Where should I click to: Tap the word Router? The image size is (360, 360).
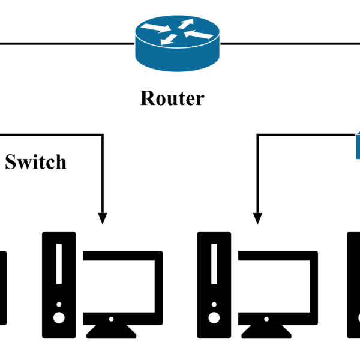pos(172,98)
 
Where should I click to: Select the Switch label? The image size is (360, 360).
pos(35,161)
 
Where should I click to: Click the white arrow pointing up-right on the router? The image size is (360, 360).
pos(185,23)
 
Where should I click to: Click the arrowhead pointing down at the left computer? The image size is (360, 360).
pos(102,218)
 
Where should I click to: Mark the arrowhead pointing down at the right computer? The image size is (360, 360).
pos(258,218)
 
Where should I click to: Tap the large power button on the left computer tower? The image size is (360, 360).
pos(59,317)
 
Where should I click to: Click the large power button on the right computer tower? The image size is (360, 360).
pos(214,317)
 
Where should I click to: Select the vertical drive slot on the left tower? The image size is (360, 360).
pos(59,264)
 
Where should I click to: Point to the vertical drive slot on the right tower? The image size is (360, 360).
pos(214,264)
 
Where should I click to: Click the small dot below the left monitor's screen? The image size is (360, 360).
pos(112,319)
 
